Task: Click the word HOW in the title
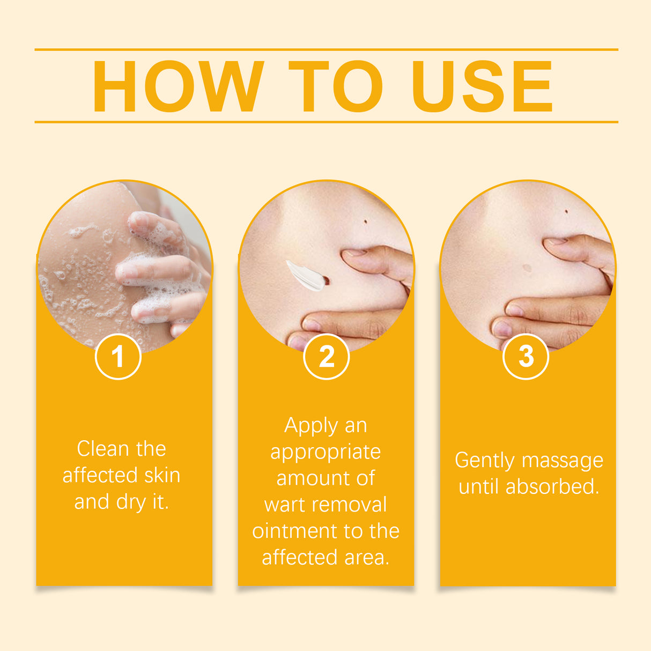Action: click(x=177, y=86)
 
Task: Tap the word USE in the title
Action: click(x=481, y=86)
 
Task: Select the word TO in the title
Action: click(x=336, y=86)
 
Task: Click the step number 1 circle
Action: click(x=118, y=357)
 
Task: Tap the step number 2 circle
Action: click(x=326, y=357)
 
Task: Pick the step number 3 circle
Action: click(x=526, y=357)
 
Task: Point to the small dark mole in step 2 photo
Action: click(x=366, y=221)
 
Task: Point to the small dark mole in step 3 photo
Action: click(x=566, y=211)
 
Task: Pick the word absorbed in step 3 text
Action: click(x=552, y=487)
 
